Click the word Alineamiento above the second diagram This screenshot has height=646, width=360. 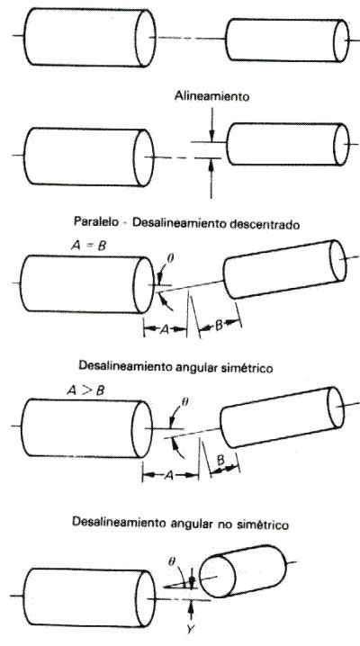[212, 96]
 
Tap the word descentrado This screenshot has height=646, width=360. [265, 224]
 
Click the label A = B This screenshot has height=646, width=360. [88, 247]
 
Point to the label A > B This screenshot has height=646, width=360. [85, 390]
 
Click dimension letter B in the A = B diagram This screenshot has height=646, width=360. [219, 325]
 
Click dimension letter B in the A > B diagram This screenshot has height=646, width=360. [220, 461]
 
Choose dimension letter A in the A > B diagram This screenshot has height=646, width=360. [169, 475]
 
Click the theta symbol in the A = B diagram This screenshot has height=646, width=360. [171, 258]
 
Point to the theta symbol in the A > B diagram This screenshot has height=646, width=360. [184, 402]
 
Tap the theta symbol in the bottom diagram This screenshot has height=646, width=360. [171, 561]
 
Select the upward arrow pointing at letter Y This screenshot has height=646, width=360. [191, 613]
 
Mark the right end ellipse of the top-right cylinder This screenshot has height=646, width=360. [341, 40]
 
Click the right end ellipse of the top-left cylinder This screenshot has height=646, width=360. [146, 38]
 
